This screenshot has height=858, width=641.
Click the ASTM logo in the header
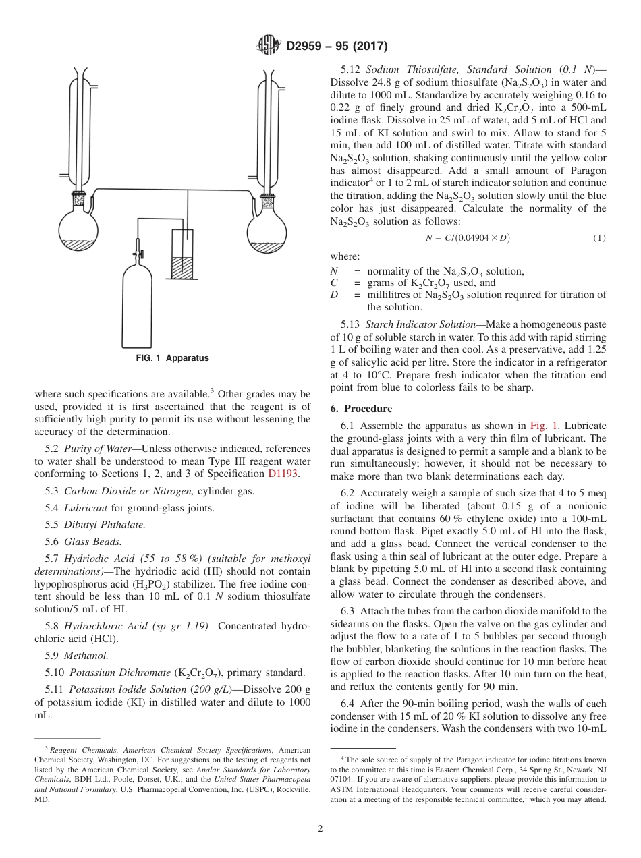[x=269, y=46]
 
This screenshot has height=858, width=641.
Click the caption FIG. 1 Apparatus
[x=173, y=359]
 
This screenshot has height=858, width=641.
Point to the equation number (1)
[x=598, y=238]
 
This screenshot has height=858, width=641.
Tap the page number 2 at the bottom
[x=320, y=828]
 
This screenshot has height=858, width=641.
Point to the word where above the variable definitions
[x=345, y=256]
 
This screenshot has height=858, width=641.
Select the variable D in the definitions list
[x=334, y=295]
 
